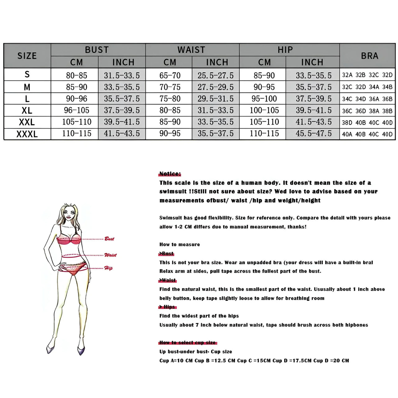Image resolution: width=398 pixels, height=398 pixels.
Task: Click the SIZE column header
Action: pyautogui.click(x=27, y=56)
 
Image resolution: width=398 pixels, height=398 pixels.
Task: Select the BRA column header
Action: pyautogui.click(x=369, y=56)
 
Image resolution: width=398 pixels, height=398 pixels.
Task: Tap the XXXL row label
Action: pyautogui.click(x=27, y=134)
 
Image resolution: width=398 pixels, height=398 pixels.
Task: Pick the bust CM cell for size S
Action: pyautogui.click(x=76, y=75)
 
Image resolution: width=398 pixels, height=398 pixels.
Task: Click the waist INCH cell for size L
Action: pyautogui.click(x=215, y=99)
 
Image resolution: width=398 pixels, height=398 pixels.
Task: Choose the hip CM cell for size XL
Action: pyautogui.click(x=264, y=110)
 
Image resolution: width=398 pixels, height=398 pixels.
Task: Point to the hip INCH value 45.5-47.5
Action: pyautogui.click(x=313, y=133)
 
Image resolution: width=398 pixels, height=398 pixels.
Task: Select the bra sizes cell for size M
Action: pyautogui.click(x=367, y=87)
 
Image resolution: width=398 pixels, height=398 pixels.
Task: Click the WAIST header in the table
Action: pyautogui.click(x=191, y=50)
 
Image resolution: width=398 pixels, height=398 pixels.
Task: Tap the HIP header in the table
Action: pyautogui.click(x=285, y=50)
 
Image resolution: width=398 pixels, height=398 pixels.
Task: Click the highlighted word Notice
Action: pyautogui.click(x=169, y=174)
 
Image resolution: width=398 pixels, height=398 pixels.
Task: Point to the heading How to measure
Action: pyautogui.click(x=179, y=244)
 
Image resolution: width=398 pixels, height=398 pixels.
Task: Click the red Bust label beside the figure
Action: pyautogui.click(x=109, y=239)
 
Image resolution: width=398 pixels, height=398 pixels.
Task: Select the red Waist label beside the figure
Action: pyautogui.click(x=110, y=255)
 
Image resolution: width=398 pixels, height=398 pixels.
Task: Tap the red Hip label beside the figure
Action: pyautogui.click(x=108, y=268)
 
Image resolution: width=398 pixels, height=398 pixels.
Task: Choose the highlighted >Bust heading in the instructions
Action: pyautogui.click(x=167, y=253)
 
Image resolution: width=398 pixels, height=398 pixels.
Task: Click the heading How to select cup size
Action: pyautogui.click(x=187, y=343)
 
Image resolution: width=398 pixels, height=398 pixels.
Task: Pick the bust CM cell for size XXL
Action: pyautogui.click(x=76, y=122)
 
